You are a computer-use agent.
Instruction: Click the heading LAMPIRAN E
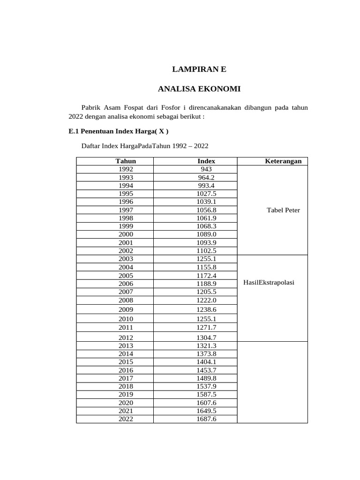[x=199, y=69]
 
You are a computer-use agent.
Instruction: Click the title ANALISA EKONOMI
[x=199, y=88]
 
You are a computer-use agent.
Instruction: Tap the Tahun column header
[x=126, y=161]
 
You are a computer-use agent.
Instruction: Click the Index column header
[x=206, y=161]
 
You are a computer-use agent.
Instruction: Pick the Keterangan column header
[x=283, y=161]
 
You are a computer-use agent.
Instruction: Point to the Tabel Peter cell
[x=283, y=210]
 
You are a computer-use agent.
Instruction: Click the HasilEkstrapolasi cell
[x=269, y=283]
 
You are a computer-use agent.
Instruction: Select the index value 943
[x=206, y=169]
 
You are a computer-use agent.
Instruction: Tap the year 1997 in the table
[x=126, y=210]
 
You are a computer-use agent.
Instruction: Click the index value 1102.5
[x=207, y=251]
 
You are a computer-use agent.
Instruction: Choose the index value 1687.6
[x=207, y=419]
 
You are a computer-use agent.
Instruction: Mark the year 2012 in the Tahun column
[x=126, y=337]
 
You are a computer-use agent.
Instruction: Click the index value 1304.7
[x=207, y=337]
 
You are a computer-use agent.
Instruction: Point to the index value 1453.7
[x=207, y=370]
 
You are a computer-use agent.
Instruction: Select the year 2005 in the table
[x=126, y=275]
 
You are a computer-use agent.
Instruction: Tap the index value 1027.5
[x=207, y=194]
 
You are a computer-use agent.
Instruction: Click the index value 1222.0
[x=207, y=300]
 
